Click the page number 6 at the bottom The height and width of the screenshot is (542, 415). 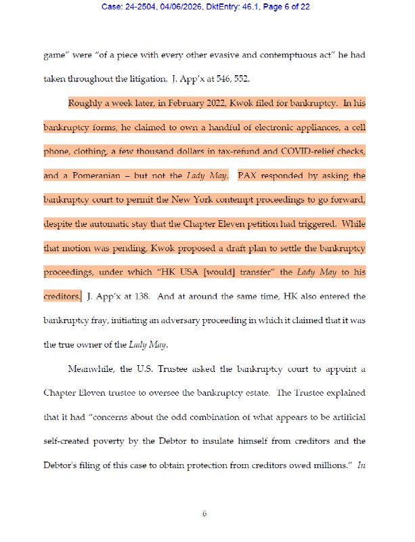[204, 514]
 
